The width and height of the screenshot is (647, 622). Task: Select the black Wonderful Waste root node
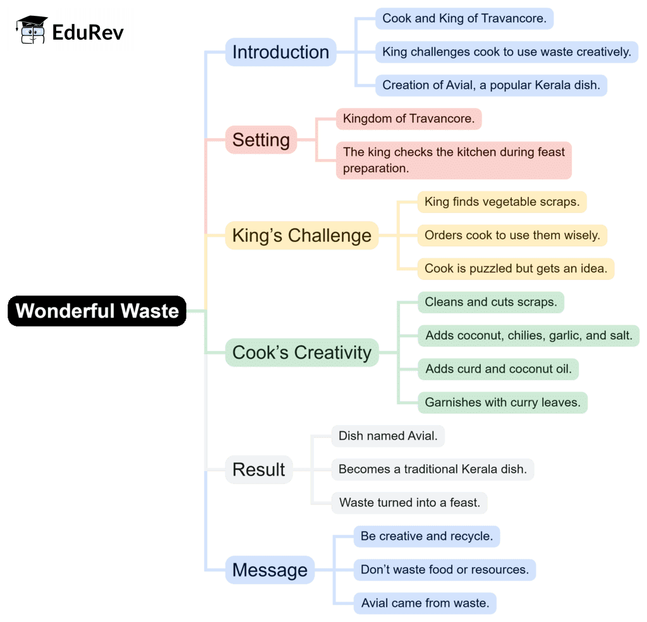[x=97, y=311]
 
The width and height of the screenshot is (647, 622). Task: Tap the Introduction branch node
[x=281, y=52]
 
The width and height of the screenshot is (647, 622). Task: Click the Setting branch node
[x=261, y=140]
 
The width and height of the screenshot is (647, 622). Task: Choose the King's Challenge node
[x=301, y=236]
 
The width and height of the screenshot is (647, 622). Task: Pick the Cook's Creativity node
[x=301, y=352]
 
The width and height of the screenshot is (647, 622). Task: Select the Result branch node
[x=259, y=469]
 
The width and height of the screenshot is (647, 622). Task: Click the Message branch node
[x=270, y=570]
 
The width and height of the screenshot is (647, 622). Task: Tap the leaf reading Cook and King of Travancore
[x=464, y=18]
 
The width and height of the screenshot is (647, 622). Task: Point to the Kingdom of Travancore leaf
[x=408, y=119]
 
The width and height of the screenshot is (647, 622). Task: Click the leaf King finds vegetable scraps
[x=502, y=202]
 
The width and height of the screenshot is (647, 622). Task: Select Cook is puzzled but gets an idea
[x=516, y=268]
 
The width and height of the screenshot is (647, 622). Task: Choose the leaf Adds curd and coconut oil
[x=498, y=369]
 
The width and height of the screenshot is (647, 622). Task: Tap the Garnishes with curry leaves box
[x=503, y=402]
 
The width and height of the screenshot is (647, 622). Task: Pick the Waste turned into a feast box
[x=409, y=503]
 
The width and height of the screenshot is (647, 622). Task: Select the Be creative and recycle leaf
[x=426, y=536]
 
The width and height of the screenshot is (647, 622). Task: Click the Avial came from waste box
[x=425, y=603]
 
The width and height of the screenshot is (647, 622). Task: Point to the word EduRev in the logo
[x=88, y=31]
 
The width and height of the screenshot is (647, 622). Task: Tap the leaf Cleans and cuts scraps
[x=490, y=302]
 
